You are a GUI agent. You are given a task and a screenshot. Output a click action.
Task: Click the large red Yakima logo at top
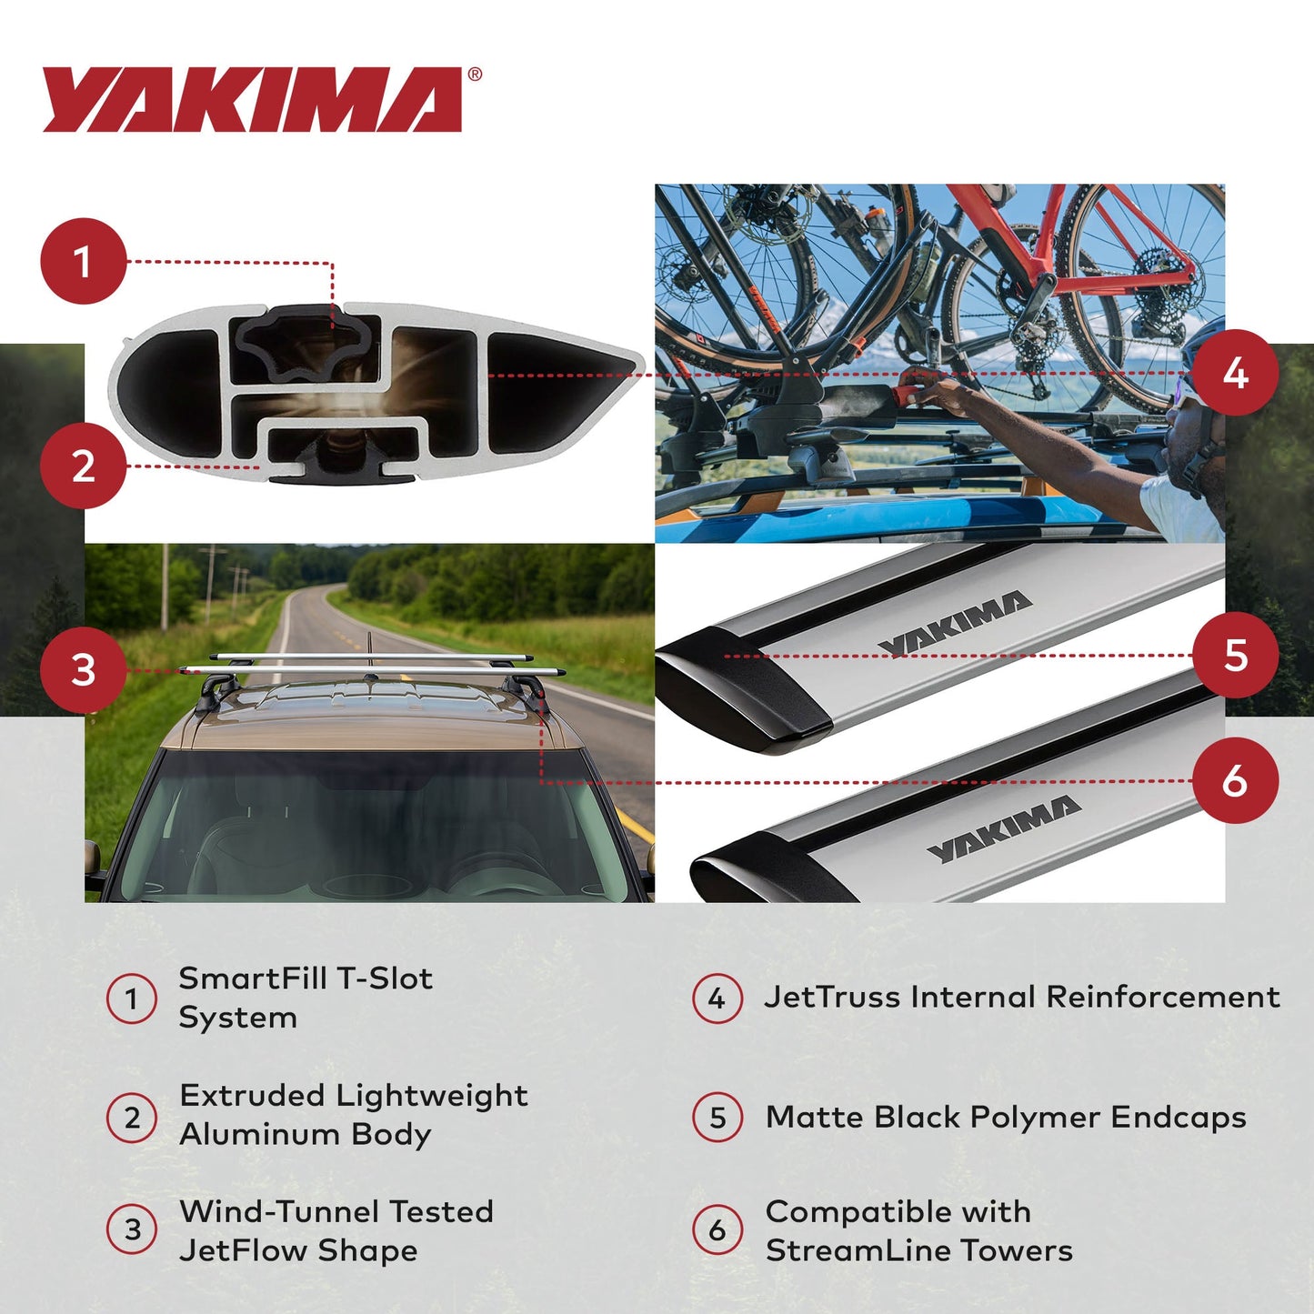(252, 99)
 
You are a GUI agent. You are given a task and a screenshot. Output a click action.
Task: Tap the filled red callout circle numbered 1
(83, 262)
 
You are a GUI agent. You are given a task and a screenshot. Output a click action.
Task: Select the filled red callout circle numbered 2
(83, 466)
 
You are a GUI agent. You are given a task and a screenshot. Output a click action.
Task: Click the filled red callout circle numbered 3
(83, 670)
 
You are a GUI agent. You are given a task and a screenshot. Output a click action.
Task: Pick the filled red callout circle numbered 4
(1235, 373)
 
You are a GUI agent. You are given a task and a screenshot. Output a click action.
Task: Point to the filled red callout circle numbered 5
(1235, 655)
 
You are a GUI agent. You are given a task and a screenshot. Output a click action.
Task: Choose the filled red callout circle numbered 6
(1235, 780)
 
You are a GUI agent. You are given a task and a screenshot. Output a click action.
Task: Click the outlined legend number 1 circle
(132, 998)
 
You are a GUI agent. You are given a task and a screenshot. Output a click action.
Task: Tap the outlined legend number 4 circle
(717, 998)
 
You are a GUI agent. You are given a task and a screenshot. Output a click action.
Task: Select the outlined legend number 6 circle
(717, 1230)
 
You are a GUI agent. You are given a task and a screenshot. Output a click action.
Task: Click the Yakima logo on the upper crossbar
(955, 622)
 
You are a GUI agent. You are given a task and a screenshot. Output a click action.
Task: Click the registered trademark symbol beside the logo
(475, 75)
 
